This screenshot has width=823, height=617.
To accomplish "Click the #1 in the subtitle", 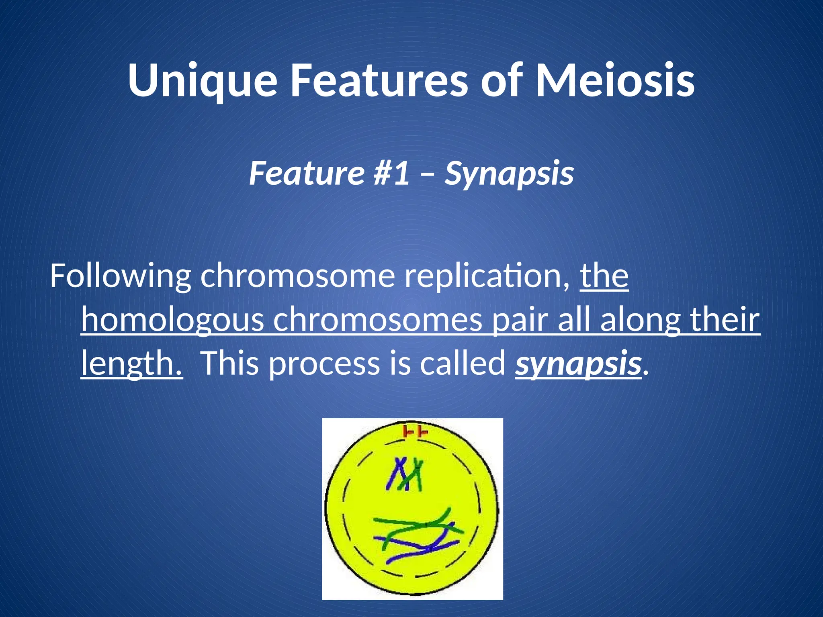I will (392, 173).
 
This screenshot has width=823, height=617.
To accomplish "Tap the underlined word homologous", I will (172, 320).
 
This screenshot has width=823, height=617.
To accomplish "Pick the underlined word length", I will (131, 363).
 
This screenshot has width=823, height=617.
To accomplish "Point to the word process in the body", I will (324, 363).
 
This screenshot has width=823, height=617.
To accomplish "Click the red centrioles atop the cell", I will (415, 432).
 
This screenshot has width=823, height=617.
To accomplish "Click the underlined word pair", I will (520, 320).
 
